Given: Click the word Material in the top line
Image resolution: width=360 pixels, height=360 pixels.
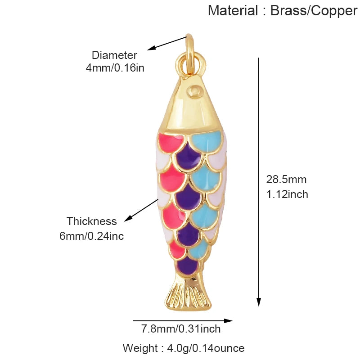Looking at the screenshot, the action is coord(233,10).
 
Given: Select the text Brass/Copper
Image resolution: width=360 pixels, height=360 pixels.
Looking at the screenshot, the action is coord(314,11).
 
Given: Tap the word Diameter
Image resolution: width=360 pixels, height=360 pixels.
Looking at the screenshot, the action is coord(114,55).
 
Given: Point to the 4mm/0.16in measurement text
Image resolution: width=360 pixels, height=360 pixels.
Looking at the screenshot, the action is coord(115,68).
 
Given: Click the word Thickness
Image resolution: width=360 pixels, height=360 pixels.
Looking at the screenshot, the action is coord(92,221).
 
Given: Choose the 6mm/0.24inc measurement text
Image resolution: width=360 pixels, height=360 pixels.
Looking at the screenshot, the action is coord(92,236).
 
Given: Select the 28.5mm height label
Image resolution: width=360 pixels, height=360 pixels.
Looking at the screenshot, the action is coord(286,179).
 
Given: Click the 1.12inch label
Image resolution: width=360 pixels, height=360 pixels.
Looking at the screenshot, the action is coord(287,194).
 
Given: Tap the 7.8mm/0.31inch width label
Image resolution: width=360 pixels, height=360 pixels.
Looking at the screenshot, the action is coord(181,329).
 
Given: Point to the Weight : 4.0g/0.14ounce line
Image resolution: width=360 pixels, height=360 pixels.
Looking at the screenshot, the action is coord(184,348).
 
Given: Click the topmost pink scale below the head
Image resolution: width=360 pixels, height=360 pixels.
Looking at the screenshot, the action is coord(170,142).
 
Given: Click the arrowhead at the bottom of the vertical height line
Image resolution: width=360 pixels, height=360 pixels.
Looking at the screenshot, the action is coord(259,302).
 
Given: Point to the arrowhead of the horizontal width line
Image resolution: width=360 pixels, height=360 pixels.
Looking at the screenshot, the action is coord(228,321).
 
